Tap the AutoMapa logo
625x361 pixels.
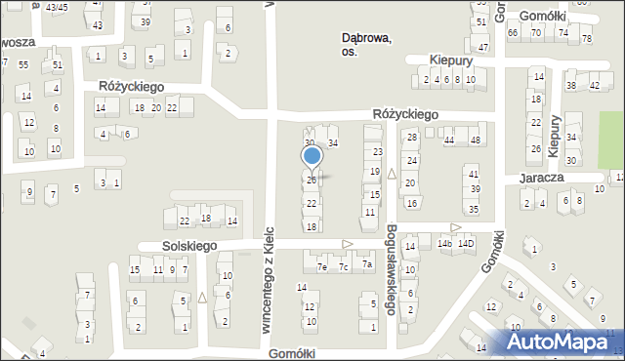coord(563,341)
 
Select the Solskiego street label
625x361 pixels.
coord(177,246)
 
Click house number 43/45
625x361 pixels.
coord(57,7)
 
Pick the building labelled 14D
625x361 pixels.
coord(468,243)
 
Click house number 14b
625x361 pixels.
coord(445,243)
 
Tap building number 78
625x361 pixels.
coord(586,39)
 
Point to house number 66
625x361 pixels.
coord(513,32)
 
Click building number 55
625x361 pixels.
coord(22,64)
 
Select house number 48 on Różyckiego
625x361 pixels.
coord(476,140)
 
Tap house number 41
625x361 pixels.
coord(475,173)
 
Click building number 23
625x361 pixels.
coord(377,152)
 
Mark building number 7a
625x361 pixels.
coord(366,264)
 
